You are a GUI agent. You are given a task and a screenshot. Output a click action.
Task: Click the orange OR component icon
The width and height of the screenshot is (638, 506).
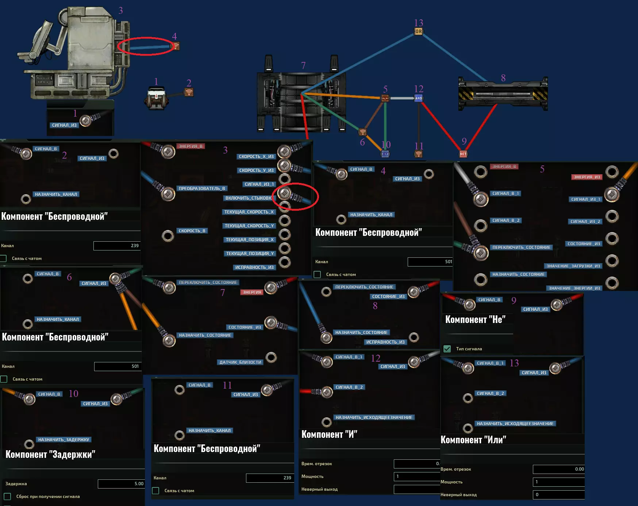[x=419, y=32]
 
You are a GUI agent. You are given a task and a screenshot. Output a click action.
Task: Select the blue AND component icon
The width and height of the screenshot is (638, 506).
[x=419, y=98]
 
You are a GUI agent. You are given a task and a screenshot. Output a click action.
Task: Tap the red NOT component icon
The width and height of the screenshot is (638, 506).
[x=463, y=154]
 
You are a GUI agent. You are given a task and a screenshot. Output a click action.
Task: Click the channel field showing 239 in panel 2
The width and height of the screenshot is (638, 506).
[x=117, y=246]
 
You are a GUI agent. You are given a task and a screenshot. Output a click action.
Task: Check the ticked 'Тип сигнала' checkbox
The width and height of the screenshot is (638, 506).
[x=447, y=349]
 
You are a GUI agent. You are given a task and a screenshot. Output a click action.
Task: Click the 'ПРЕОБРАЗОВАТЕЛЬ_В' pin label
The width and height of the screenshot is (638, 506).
[x=202, y=188]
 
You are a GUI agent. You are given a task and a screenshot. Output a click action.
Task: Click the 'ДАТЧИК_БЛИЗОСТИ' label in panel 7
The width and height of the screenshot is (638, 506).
[x=240, y=362]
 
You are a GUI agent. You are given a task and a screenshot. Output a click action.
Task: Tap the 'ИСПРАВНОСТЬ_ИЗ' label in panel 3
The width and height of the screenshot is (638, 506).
[x=254, y=267]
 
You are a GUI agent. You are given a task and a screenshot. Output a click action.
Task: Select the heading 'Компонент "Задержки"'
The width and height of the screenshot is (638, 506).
[x=50, y=454]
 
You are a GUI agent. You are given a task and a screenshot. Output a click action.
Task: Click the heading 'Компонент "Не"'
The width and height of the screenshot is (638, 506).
[x=475, y=320]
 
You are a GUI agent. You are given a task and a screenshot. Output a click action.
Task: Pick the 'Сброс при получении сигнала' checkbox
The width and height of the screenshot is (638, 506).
[x=7, y=497]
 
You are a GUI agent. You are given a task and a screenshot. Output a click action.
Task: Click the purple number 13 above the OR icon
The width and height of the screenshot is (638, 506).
[x=419, y=23]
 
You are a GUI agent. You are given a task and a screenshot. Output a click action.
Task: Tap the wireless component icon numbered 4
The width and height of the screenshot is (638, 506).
[x=176, y=46]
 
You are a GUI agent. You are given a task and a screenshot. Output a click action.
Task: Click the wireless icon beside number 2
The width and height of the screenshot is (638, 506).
[x=189, y=92]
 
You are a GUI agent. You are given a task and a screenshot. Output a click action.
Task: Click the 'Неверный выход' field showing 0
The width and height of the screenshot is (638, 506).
[x=558, y=495]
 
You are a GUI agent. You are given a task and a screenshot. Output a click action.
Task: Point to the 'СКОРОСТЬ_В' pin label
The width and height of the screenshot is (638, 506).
[x=192, y=231]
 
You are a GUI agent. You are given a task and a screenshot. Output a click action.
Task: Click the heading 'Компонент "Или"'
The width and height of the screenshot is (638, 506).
[x=473, y=440]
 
